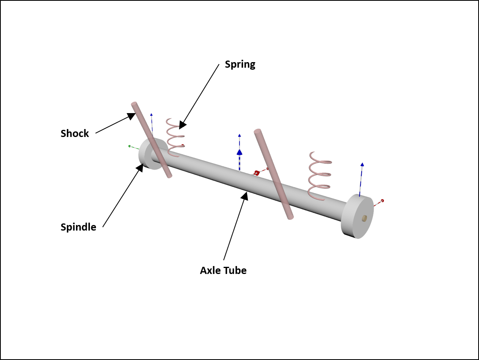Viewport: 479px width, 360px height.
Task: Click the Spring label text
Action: coord(240,64)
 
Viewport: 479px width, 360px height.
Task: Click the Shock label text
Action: coord(75,133)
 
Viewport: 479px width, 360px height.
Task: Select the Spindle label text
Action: coord(78,227)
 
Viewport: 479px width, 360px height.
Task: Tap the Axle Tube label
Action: coord(223,270)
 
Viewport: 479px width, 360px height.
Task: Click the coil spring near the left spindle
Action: coord(173,137)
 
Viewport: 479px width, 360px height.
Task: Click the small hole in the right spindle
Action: coord(364,218)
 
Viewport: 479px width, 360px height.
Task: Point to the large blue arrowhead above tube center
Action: coord(240,152)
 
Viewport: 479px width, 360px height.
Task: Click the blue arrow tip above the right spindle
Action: coord(362,164)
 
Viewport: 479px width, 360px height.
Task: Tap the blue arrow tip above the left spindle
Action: coord(151,115)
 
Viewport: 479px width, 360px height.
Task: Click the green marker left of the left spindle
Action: coord(129,146)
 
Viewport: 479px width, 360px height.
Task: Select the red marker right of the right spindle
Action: coord(382,200)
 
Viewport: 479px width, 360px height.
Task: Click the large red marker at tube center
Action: coord(257,173)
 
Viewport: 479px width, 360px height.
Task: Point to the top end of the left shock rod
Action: coord(134,104)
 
